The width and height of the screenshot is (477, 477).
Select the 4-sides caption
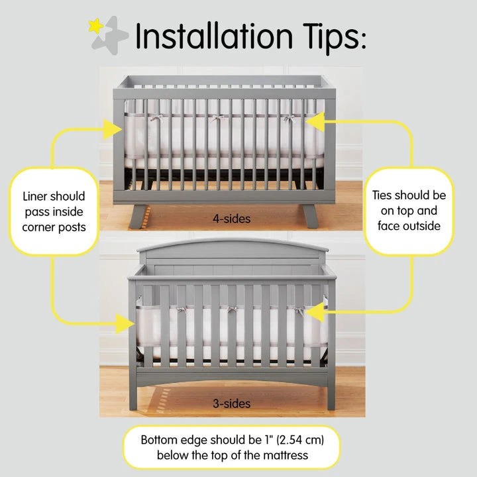tap(231, 217)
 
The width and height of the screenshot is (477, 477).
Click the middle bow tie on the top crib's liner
tap(216, 120)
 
